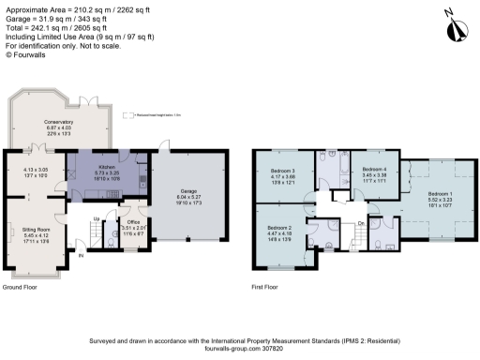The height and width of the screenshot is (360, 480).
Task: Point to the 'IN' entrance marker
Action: click(81, 254)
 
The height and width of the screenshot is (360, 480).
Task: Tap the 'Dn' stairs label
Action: click(361, 222)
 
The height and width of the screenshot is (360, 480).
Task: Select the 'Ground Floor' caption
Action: click(26, 288)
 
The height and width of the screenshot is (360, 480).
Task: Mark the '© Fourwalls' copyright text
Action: click(27, 55)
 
